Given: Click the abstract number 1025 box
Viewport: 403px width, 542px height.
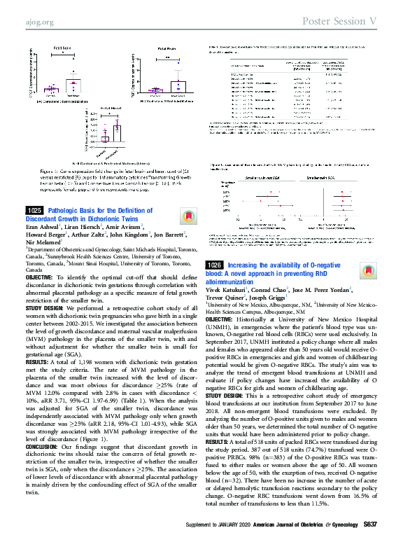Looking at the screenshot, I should pos(35,210).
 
